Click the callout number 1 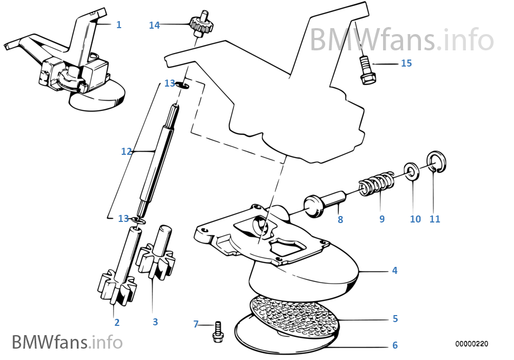tap(118, 25)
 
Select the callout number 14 tap(155, 25)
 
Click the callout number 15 tap(406, 63)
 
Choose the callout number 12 tap(126, 152)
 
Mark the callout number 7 tap(196, 324)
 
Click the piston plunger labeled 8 tap(322, 205)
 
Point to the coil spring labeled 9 tap(375, 184)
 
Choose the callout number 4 tap(394, 270)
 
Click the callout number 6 tap(395, 345)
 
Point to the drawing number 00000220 tap(471, 344)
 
